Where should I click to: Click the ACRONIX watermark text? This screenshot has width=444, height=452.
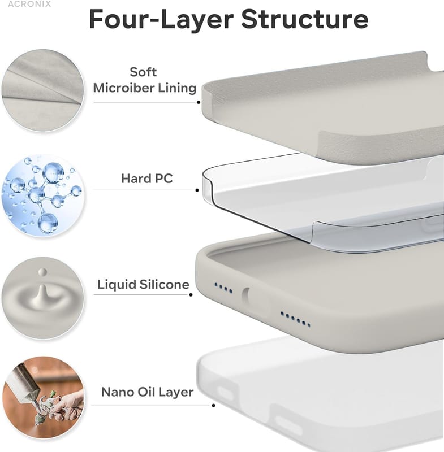point(29,4)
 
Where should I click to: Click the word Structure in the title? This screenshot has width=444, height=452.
point(305,19)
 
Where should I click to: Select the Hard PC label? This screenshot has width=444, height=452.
point(147,179)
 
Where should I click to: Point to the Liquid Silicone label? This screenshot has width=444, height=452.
point(144,285)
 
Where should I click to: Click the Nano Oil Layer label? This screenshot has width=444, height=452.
point(148,392)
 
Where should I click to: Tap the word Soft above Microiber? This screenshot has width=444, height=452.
point(143,72)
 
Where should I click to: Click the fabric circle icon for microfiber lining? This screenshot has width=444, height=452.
point(43,90)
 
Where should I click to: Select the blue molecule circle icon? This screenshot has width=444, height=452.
point(43,195)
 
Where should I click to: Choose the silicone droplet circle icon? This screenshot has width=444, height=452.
point(43,298)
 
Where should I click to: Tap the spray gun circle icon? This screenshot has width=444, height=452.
point(43,398)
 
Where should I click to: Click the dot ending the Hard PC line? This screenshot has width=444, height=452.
point(197,190)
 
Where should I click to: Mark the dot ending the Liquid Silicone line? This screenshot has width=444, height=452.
point(191,294)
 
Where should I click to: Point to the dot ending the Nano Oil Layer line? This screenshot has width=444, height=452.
point(213,406)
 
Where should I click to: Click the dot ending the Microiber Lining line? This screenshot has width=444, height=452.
point(199,102)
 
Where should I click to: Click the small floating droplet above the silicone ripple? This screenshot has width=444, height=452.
point(42,272)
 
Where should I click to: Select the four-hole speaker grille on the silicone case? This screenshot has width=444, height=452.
point(223,288)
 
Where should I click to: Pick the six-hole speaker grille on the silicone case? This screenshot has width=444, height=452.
point(295,319)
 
